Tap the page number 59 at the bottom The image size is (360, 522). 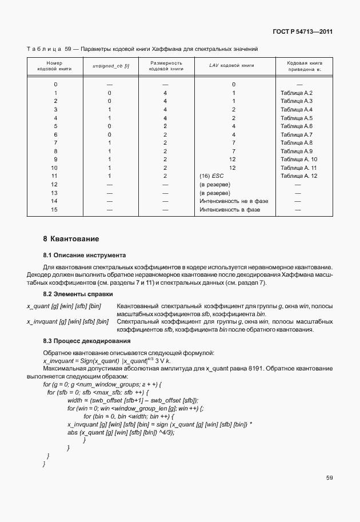point(329,477)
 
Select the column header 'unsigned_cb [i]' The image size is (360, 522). point(110,66)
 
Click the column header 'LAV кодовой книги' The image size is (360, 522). point(233,66)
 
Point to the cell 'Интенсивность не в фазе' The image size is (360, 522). point(233,201)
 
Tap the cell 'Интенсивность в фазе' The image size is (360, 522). point(229,210)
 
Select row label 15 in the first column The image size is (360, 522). point(55,210)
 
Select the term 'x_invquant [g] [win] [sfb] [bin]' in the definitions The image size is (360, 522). point(67,322)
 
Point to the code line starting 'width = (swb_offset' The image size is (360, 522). point(132,400)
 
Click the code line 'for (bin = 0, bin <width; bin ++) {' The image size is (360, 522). point(132,416)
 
